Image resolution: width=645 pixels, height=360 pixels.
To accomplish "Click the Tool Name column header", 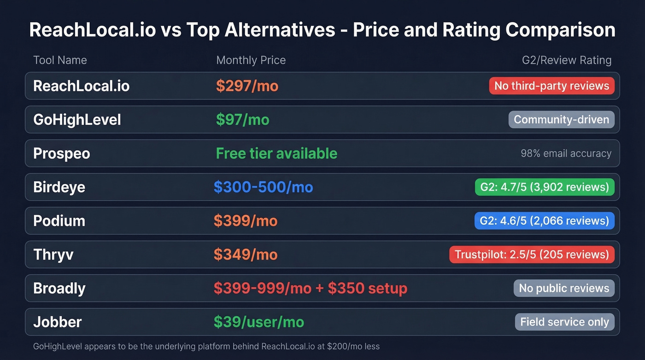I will click(x=60, y=60).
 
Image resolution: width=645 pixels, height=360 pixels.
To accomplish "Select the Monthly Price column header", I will click(x=251, y=60).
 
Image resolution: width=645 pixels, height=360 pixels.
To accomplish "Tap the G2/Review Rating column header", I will click(x=566, y=60).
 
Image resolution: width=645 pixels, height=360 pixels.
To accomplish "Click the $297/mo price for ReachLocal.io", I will click(x=247, y=86).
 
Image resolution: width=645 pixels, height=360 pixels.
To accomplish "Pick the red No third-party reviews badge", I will click(x=551, y=86).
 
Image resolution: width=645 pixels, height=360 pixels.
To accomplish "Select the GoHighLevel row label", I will click(x=77, y=120).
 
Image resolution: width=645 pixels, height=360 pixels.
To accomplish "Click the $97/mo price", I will click(x=242, y=120).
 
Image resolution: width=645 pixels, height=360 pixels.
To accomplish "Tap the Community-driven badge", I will click(x=561, y=120).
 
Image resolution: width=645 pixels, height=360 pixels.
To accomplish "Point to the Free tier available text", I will click(x=276, y=153).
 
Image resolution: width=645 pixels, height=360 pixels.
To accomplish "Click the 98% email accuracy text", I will click(x=566, y=153).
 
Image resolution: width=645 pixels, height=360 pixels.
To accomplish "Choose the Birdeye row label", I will click(x=59, y=187).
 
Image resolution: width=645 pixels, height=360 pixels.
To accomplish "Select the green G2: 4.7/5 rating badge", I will click(x=544, y=187).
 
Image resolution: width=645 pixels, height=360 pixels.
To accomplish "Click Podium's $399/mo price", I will click(x=246, y=221).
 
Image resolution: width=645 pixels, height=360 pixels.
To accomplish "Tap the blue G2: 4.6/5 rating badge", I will click(x=544, y=221).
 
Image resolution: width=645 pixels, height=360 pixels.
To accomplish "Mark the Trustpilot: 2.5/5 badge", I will click(x=532, y=254).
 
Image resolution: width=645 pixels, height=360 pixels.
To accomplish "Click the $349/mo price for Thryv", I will click(x=246, y=254).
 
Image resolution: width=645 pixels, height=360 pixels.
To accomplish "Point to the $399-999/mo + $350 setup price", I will click(x=310, y=289).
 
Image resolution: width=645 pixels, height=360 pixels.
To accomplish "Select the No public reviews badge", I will click(x=564, y=289).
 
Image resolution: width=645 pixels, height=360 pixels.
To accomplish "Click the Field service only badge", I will click(x=564, y=322).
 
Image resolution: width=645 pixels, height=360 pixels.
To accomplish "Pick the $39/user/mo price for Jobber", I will click(x=258, y=322).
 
